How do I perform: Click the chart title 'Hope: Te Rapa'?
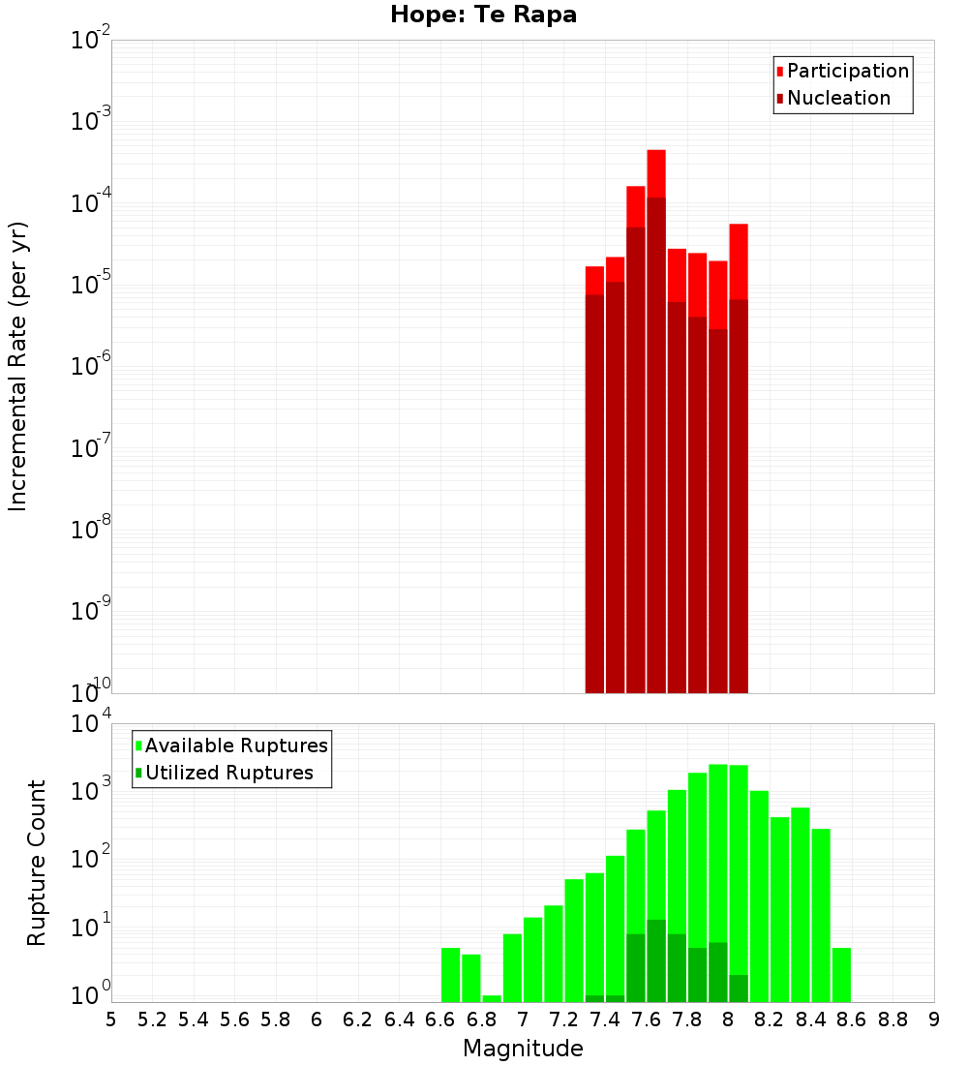pyautogui.click(x=483, y=15)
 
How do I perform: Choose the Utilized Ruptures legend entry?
pyautogui.click(x=228, y=773)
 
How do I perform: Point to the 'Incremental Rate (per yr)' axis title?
pyautogui.click(x=18, y=366)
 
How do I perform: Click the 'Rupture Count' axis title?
pyautogui.click(x=37, y=863)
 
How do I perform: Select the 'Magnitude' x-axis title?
pyautogui.click(x=523, y=1049)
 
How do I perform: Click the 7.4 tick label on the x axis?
pyautogui.click(x=605, y=1019)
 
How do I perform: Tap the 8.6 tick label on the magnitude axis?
pyautogui.click(x=852, y=1019)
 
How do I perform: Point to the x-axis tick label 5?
pyautogui.click(x=111, y=1019)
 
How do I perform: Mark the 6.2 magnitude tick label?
pyautogui.click(x=358, y=1019)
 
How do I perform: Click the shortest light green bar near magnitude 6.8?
pyautogui.click(x=492, y=998)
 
